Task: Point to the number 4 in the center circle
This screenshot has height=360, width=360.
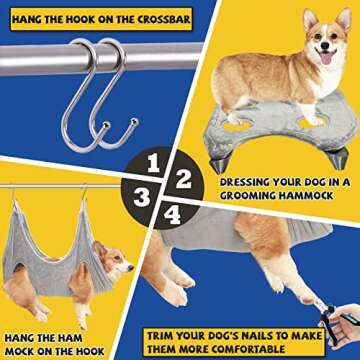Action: coord(173,213)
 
